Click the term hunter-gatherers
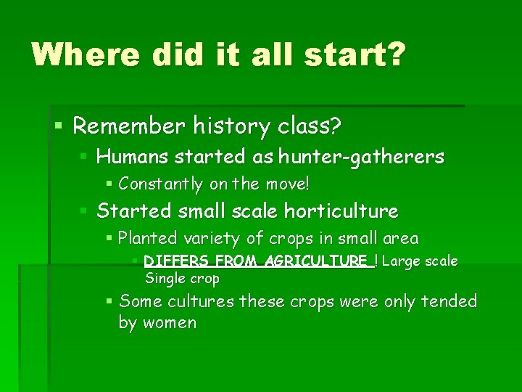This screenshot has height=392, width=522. pyautogui.click(x=373, y=157)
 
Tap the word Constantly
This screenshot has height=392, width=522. pyautogui.click(x=160, y=184)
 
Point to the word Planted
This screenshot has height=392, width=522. pyautogui.click(x=146, y=238)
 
